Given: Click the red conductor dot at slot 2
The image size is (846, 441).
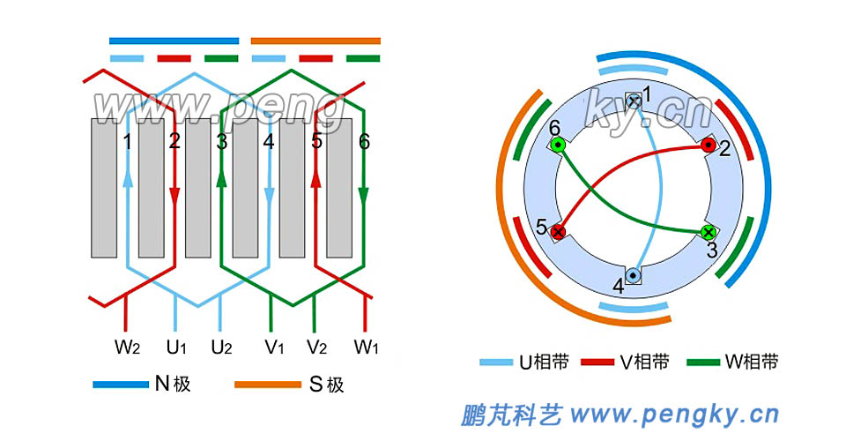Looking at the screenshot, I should click(x=708, y=145).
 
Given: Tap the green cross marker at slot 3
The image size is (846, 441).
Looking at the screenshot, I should click(x=708, y=232).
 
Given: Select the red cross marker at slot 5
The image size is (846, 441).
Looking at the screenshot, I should click(x=558, y=232).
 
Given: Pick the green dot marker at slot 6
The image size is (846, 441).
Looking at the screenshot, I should click(x=558, y=145).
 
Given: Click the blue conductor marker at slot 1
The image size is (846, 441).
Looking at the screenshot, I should click(x=633, y=101).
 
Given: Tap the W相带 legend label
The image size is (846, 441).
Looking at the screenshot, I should click(x=751, y=362).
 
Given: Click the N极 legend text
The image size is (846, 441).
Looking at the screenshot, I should click(x=173, y=384).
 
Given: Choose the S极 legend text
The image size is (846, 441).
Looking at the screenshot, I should click(x=325, y=384).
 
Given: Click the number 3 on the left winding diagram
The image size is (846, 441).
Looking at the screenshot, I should click(x=222, y=141).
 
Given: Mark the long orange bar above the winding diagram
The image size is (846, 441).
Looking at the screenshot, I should click(x=315, y=41).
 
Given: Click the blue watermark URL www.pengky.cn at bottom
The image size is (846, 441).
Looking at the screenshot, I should click(x=674, y=414).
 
